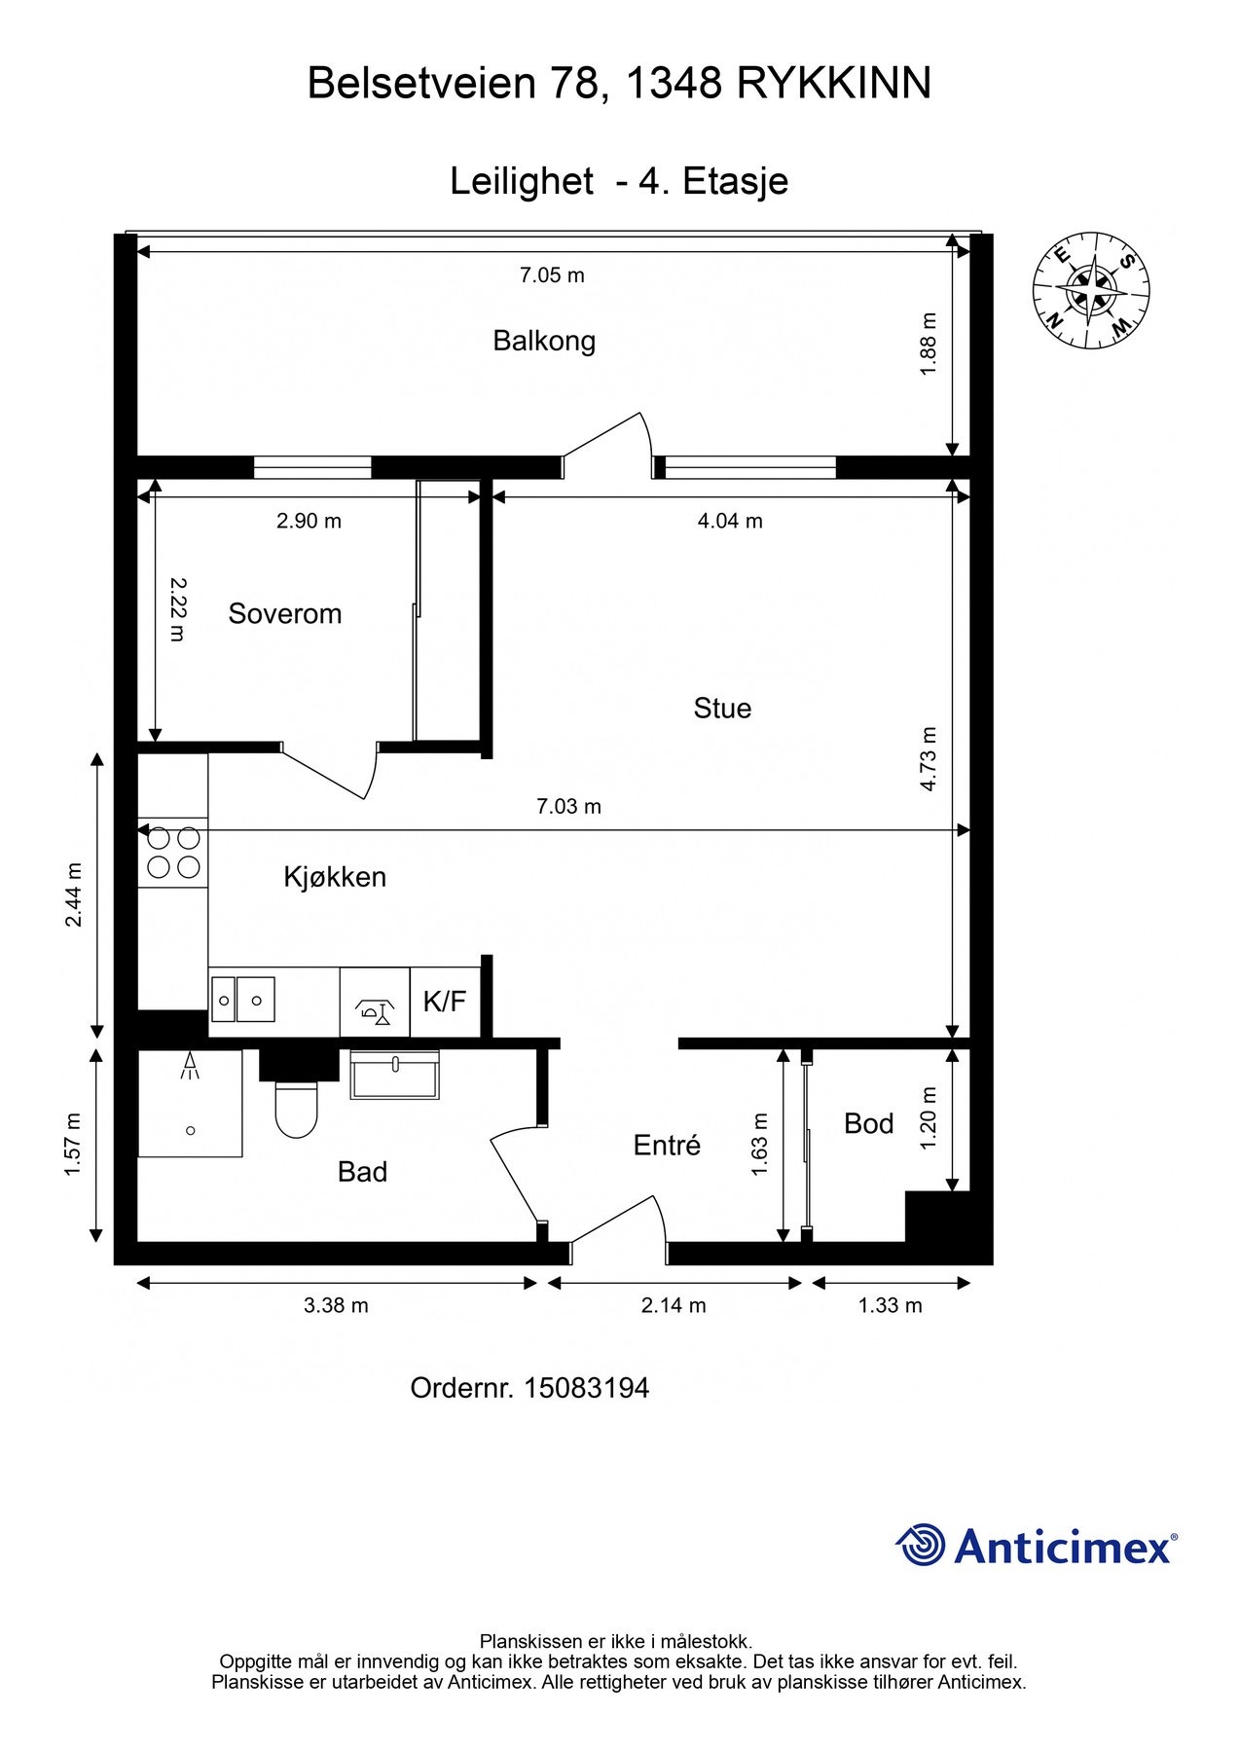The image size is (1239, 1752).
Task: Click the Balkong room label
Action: (x=544, y=341)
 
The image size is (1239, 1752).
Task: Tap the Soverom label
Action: (x=285, y=613)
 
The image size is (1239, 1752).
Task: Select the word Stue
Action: (x=722, y=708)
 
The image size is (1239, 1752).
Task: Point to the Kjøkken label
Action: (x=335, y=877)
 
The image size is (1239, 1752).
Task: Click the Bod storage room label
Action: (x=869, y=1123)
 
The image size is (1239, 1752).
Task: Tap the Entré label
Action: (x=667, y=1145)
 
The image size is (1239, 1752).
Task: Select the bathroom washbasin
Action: (x=394, y=1075)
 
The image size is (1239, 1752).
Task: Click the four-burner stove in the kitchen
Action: (x=173, y=852)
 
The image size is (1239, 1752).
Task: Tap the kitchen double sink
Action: (x=243, y=1001)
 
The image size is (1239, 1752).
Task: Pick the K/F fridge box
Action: (x=445, y=1002)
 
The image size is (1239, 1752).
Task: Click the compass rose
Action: (x=1091, y=290)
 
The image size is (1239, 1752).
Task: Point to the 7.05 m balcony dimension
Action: (x=552, y=275)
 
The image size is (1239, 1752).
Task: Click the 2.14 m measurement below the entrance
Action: (x=674, y=1305)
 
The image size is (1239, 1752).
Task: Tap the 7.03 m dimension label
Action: (x=569, y=806)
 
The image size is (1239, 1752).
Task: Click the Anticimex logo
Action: (x=1037, y=1545)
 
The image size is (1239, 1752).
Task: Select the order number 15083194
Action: (x=587, y=1388)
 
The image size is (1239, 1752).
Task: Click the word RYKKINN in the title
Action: (x=834, y=84)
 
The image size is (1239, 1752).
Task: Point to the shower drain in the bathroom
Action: (x=191, y=1130)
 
